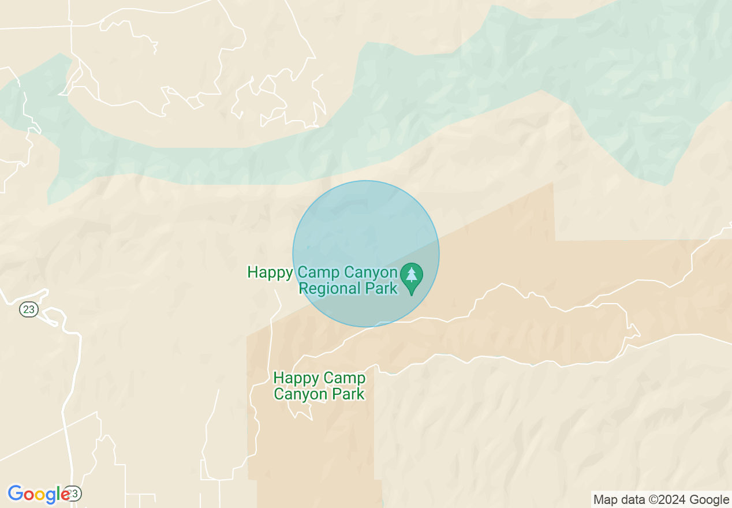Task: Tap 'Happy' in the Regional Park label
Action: [270, 272]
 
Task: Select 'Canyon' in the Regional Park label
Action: [371, 272]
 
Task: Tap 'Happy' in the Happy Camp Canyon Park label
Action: [296, 378]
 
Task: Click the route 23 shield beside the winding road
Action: [28, 310]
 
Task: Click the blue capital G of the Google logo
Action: [15, 494]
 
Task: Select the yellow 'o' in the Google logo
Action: [41, 495]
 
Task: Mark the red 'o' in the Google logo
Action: [29, 495]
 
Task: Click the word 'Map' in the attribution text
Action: [604, 500]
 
